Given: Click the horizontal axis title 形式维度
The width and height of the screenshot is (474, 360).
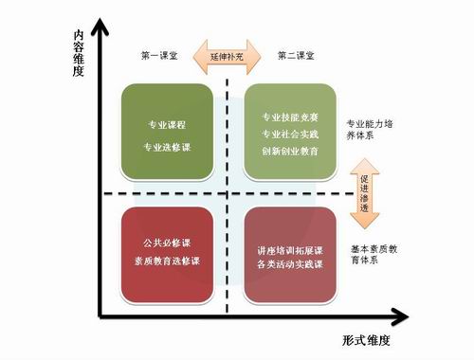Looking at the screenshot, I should [366, 338].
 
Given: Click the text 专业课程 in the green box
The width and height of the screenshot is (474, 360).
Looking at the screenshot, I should [167, 124].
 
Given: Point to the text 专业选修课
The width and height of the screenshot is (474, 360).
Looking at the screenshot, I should [167, 147].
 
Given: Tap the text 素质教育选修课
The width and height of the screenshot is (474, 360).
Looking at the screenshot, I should [167, 260].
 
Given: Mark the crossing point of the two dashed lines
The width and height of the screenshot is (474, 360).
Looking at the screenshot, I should [228, 194].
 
